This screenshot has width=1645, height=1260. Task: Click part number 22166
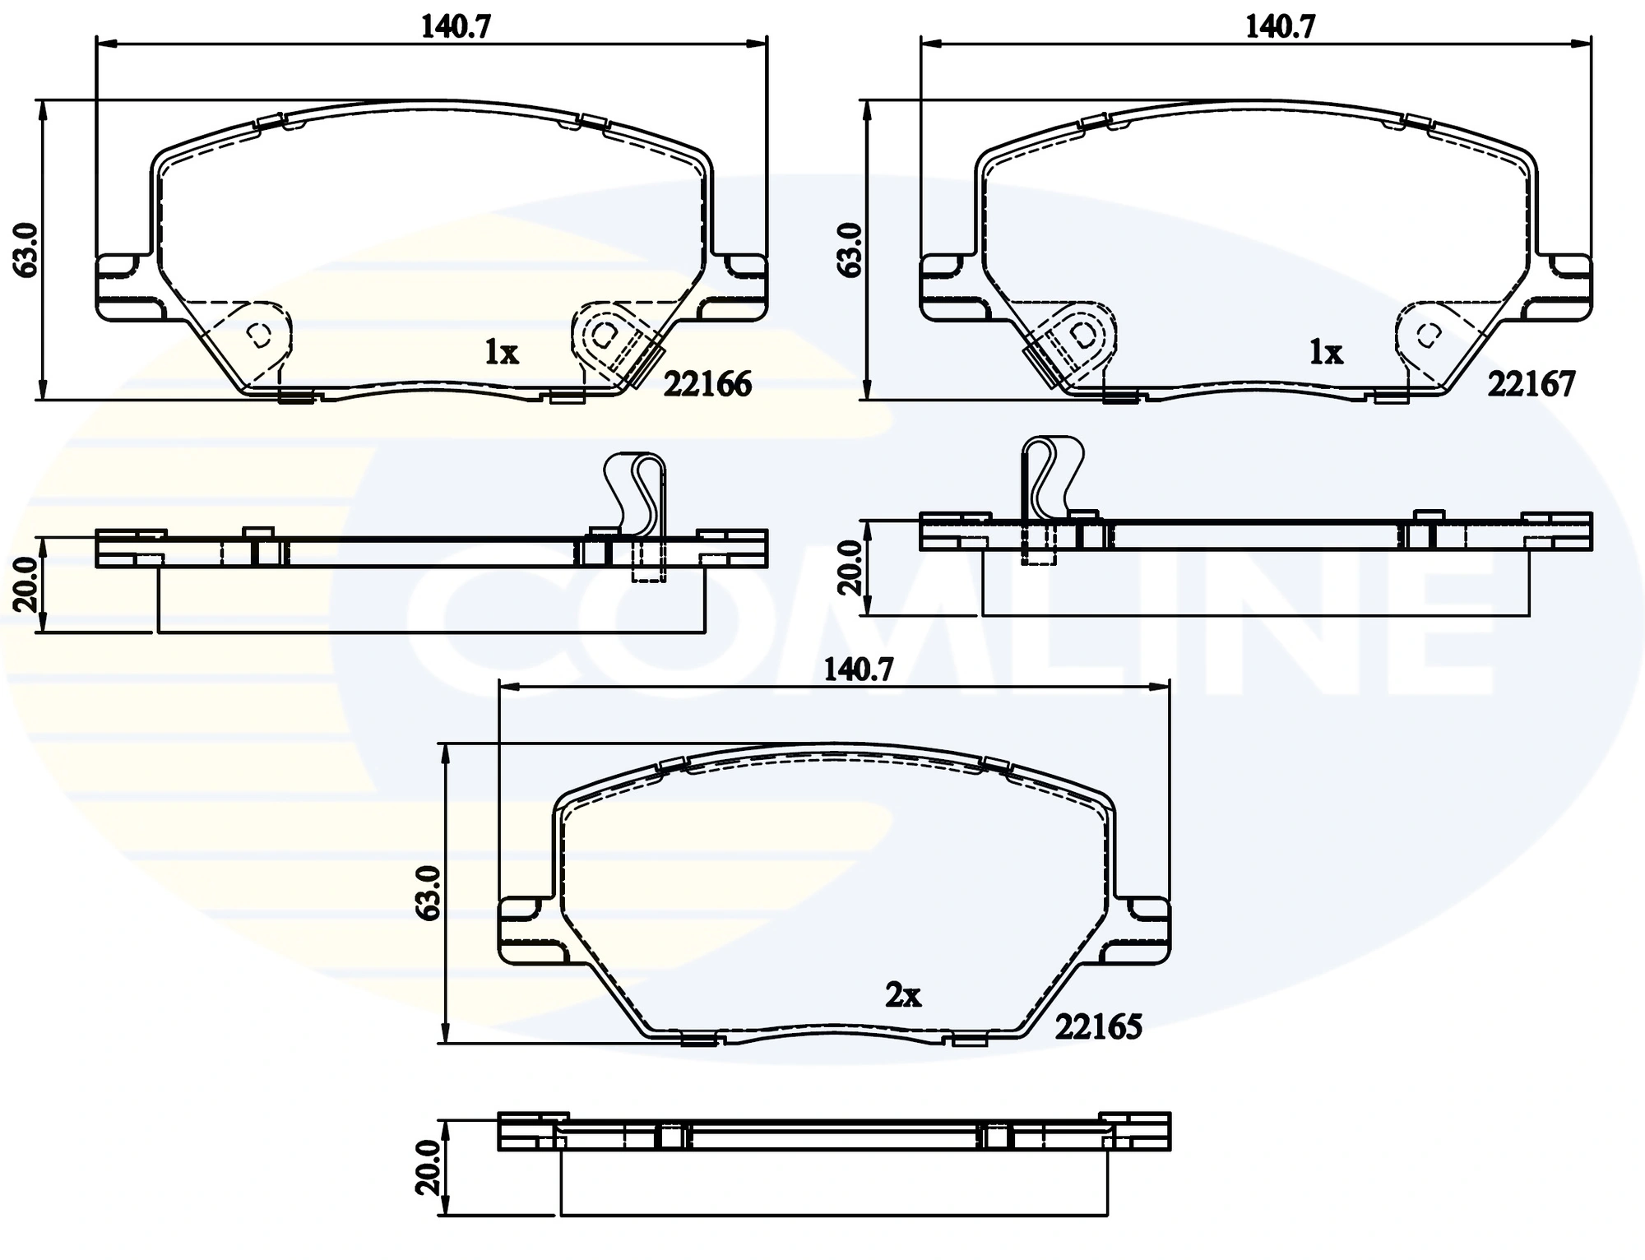tap(707, 384)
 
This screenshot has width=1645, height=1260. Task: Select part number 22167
tap(1531, 384)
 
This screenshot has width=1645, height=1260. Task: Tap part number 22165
tap(1098, 1026)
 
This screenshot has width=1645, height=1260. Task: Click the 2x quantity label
tap(902, 996)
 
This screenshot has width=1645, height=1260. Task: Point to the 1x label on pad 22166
tap(501, 353)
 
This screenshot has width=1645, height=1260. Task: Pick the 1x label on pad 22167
tap(1325, 353)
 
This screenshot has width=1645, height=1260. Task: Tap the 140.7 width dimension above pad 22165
tap(858, 670)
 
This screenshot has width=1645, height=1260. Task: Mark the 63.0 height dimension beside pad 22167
tap(850, 248)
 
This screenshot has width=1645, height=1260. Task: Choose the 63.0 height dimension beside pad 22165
tap(429, 892)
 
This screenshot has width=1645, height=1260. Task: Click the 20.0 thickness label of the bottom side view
tap(429, 1166)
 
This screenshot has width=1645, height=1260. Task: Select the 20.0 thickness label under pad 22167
tap(850, 567)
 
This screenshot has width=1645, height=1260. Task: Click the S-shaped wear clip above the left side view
tap(636, 493)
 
